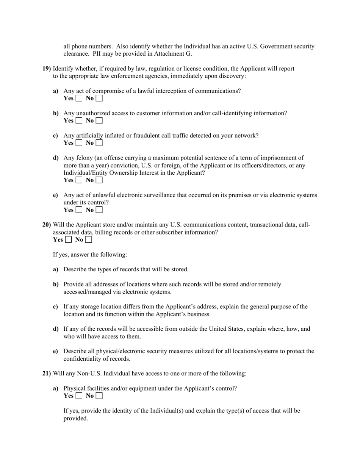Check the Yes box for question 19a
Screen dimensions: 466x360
coord(79,99)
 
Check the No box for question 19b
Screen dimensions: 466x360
coord(99,121)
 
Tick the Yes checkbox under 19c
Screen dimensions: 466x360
coord(79,143)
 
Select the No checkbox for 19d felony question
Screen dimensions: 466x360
coord(99,180)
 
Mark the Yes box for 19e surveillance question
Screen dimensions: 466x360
coord(79,210)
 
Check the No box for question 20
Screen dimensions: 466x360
coord(88,240)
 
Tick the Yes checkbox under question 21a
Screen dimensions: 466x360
coord(79,396)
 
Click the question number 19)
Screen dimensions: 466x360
coord(46,69)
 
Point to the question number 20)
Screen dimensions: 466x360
coord(46,225)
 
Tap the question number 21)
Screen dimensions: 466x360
coord(46,374)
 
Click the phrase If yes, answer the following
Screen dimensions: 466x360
coord(90,255)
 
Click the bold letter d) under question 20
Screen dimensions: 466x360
coord(56,329)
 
